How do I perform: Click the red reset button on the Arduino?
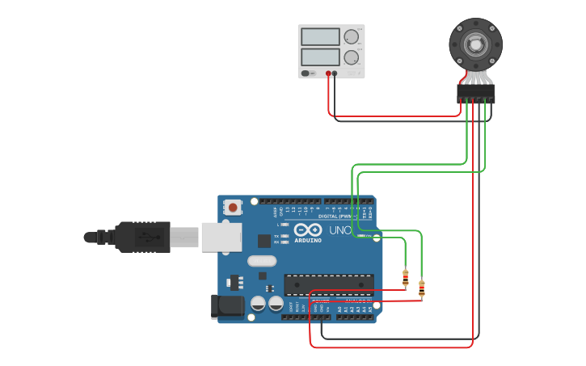233,208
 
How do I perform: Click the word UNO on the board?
341,230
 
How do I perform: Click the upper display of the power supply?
320,37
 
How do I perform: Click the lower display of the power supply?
320,57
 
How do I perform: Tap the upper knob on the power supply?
351,37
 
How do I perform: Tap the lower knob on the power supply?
351,57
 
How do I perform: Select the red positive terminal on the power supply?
328,74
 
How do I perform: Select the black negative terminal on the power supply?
335,74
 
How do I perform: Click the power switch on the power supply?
308,74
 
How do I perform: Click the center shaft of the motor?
475,44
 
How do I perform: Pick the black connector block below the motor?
475,94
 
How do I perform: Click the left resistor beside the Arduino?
405,278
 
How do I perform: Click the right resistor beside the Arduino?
421,288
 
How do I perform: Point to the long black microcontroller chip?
329,284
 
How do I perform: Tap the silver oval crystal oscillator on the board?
262,261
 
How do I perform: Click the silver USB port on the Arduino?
221,237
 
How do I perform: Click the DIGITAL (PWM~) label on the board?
336,216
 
